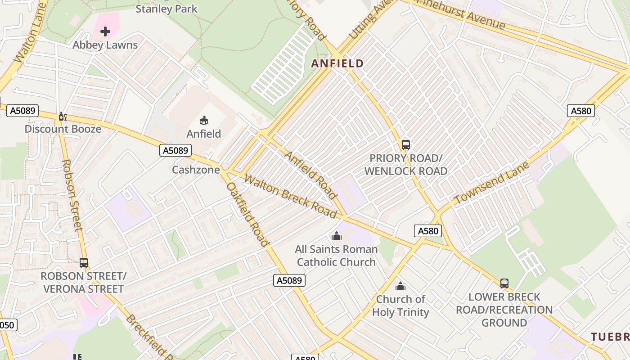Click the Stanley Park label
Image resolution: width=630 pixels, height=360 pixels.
coord(166,8)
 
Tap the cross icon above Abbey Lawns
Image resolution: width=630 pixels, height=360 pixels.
coord(105,31)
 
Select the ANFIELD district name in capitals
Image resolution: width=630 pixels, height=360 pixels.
coord(337,63)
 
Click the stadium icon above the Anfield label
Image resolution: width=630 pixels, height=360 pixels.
coord(204,120)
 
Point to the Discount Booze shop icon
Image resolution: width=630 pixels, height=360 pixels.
coord(63,117)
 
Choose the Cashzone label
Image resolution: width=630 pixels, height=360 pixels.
coord(196,170)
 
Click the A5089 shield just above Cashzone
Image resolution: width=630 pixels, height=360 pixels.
coord(175,150)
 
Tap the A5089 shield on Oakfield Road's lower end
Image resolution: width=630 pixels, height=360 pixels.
coord(289,280)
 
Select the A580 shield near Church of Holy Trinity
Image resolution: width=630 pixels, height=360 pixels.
coord(427,231)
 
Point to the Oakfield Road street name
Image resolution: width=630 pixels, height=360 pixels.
coord(248,214)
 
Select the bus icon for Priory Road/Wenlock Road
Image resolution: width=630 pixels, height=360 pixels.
coord(406,145)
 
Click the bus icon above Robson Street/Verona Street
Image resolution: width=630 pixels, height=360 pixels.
coord(83,262)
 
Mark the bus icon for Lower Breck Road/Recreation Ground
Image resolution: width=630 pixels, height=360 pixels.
coord(504,283)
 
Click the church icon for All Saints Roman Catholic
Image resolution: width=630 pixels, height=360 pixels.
coord(336,236)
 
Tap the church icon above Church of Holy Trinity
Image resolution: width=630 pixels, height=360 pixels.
coord(400,286)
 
